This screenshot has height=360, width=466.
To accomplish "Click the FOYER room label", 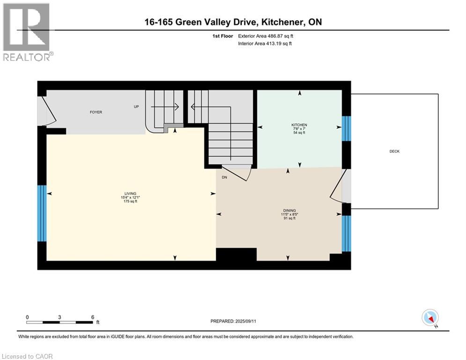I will pos(96,112).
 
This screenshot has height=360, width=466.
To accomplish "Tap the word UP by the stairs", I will pos(136,107).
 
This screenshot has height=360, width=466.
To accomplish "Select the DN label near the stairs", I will pos(224,177).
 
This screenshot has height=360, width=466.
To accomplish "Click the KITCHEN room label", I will pos(299,125).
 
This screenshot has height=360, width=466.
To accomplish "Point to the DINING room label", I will pos(289,210).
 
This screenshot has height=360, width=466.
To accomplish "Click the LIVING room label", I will pos(130,194).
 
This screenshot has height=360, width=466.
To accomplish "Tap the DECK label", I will pos(394,151).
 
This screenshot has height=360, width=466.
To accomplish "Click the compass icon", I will pos(430,318).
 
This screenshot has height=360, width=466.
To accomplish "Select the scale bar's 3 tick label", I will pos(59,316).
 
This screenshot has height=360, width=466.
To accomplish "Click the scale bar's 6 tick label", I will pos(92,316).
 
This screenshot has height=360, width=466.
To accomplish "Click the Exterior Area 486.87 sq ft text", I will pos(266,36).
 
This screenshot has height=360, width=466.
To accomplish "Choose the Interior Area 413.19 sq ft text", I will pos(265,44).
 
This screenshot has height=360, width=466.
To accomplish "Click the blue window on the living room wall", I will pos(42,213).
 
